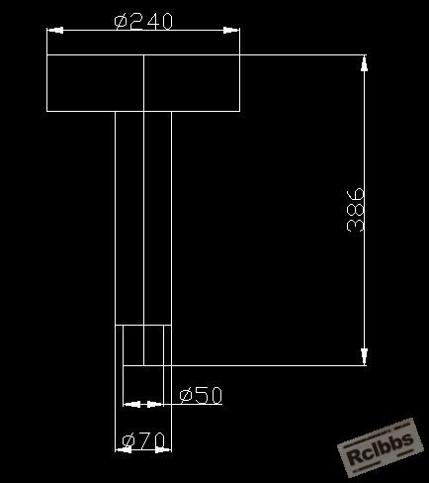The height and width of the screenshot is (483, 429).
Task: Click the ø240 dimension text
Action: pos(143,22)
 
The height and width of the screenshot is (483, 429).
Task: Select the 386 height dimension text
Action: pos(356,210)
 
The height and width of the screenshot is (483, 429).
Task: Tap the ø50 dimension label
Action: pos(201,395)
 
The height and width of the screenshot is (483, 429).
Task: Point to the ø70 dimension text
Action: pos(143,441)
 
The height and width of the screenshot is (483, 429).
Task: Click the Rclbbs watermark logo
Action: pos(380,447)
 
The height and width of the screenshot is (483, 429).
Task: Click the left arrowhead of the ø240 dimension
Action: pos(55,31)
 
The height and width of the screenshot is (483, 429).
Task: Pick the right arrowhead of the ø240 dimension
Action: pos(231,31)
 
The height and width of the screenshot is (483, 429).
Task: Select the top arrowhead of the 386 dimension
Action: pos(364,63)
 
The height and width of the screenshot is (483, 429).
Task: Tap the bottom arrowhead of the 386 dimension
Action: pos(364,356)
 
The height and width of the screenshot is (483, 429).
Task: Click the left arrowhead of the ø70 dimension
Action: pos(124,449)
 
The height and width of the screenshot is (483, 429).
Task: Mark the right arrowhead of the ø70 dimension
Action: pos(163,449)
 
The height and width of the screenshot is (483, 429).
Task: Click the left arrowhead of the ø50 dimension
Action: pos(131,404)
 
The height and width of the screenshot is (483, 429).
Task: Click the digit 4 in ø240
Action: pos(152,22)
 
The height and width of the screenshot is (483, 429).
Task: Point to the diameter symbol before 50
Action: pos(186,396)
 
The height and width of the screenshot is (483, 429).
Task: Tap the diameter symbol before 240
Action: pos(121,22)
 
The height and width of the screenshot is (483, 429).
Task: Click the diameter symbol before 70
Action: pos(129,442)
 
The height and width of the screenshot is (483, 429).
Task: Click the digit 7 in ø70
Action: pos(145,441)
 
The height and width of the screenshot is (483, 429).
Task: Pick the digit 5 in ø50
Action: pos(202,395)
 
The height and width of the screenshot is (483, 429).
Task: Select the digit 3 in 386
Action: pos(356,226)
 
